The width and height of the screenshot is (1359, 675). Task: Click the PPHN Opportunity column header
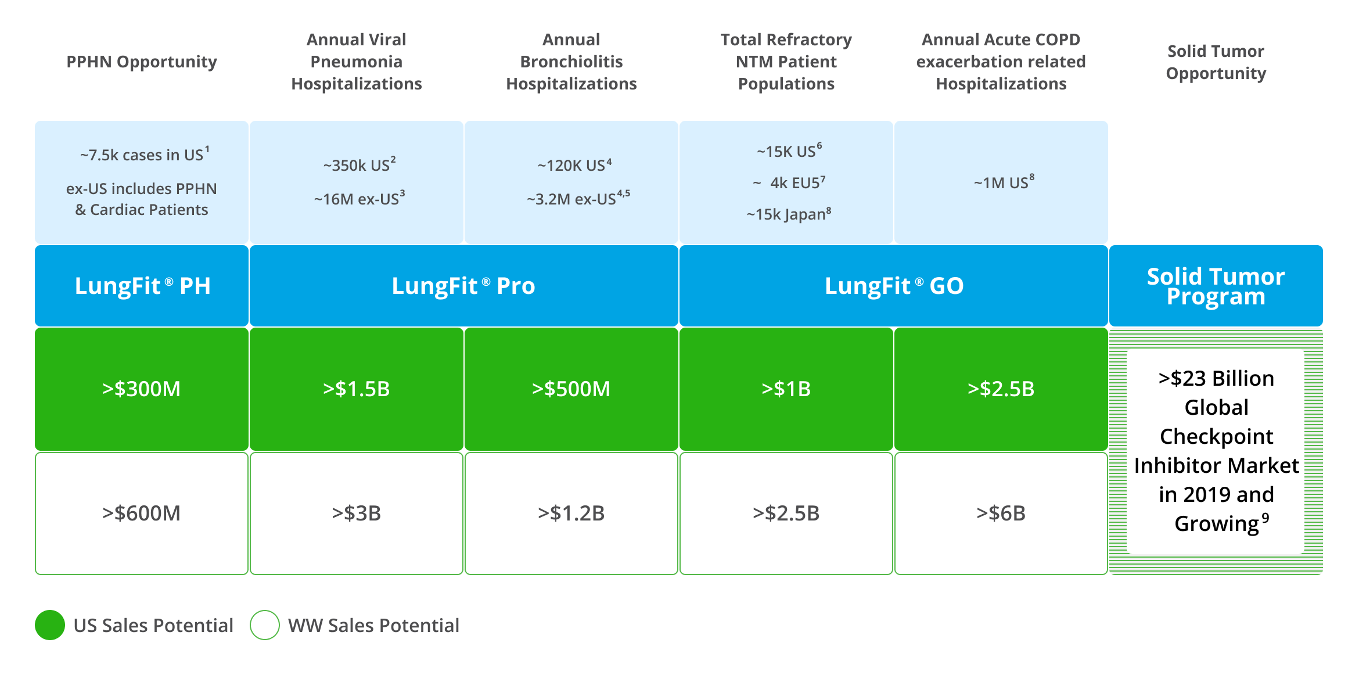pyautogui.click(x=142, y=62)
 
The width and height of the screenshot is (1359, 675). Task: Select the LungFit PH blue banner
pyautogui.click(x=142, y=286)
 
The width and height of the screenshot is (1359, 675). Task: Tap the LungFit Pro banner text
pyautogui.click(x=463, y=286)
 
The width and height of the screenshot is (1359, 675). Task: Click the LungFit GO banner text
pyautogui.click(x=894, y=286)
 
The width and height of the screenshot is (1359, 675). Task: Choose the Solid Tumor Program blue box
pyautogui.click(x=1216, y=286)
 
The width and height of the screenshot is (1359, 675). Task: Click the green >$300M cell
pyautogui.click(x=142, y=389)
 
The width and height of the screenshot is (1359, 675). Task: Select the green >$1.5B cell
pyautogui.click(x=357, y=389)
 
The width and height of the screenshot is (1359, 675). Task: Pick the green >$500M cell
pyautogui.click(x=571, y=389)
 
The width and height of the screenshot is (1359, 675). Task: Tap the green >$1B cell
pyautogui.click(x=786, y=389)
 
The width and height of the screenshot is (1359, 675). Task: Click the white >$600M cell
pyautogui.click(x=142, y=514)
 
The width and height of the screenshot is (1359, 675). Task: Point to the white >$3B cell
pyautogui.click(x=357, y=514)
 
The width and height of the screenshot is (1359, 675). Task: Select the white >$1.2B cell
pyautogui.click(x=571, y=514)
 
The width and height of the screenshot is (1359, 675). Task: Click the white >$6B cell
pyautogui.click(x=1001, y=514)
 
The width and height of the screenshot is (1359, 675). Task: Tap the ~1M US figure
pyautogui.click(x=1003, y=183)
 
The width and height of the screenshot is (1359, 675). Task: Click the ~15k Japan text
pyautogui.click(x=788, y=214)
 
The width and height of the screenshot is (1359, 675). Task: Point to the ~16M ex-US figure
pyautogui.click(x=359, y=199)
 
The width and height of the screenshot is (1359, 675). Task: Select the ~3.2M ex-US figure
pyautogui.click(x=577, y=199)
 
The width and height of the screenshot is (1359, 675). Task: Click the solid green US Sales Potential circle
pyautogui.click(x=50, y=625)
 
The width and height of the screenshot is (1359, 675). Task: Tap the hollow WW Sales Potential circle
pyautogui.click(x=265, y=625)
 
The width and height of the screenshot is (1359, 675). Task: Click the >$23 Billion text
pyautogui.click(x=1216, y=379)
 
